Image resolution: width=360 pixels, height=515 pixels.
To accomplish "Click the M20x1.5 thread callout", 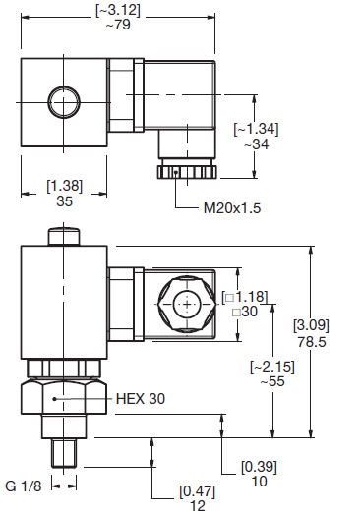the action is (x=232, y=208).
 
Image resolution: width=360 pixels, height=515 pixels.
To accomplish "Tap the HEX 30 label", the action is (x=141, y=399).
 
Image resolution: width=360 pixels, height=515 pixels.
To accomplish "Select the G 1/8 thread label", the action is (x=24, y=486).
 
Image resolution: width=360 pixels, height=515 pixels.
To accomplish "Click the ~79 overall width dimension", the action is (x=118, y=25).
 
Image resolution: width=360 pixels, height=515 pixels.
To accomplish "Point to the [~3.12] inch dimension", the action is (x=118, y=10).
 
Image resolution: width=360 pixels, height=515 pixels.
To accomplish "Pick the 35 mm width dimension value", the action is (x=64, y=201).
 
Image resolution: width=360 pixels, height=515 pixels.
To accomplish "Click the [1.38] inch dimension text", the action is (x=65, y=186).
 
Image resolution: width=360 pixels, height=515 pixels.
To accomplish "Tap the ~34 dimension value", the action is (x=256, y=144).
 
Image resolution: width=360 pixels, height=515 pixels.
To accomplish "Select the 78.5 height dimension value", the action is (x=312, y=342).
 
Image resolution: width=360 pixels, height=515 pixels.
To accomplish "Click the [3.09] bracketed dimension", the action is (x=311, y=325).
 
